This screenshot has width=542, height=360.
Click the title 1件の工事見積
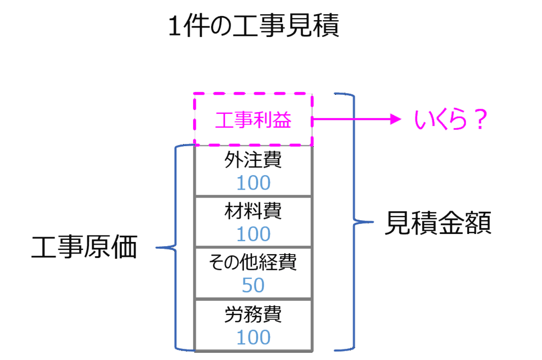pos(253,27)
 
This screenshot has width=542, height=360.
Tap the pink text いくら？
pos(449,121)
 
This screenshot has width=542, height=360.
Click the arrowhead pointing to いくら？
pos(396,120)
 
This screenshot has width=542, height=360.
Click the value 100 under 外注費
pos(253,183)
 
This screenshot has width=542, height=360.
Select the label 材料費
pos(253,211)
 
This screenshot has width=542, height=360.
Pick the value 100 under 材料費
pos(253,233)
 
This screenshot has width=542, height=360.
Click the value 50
pos(253,285)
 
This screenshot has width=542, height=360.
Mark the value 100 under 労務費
pos(253,337)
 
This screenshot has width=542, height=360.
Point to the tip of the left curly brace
pos(157,247)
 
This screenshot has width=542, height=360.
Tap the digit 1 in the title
pos(174,28)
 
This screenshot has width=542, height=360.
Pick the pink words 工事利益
pos(253,121)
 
